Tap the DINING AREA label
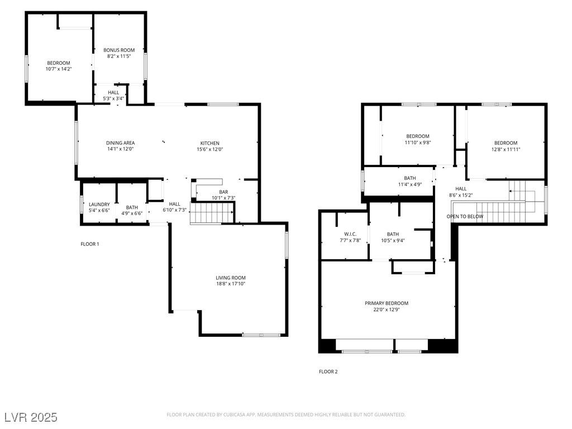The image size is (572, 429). [120, 143]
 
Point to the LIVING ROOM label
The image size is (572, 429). [231, 278]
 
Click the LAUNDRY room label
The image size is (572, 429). [99, 204]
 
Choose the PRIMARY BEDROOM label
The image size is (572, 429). [387, 303]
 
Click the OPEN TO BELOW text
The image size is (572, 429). [465, 216]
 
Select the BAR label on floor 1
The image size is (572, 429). [223, 192]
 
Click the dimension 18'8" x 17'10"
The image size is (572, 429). [231, 284]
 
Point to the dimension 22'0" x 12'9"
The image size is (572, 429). [387, 309]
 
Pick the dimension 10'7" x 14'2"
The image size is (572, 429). [58, 69]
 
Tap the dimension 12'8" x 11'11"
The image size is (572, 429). [506, 149]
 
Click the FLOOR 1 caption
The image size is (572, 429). [90, 244]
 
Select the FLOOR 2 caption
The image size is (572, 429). [328, 371]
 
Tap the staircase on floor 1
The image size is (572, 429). [211, 213]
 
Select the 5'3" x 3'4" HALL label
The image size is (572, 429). [113, 96]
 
